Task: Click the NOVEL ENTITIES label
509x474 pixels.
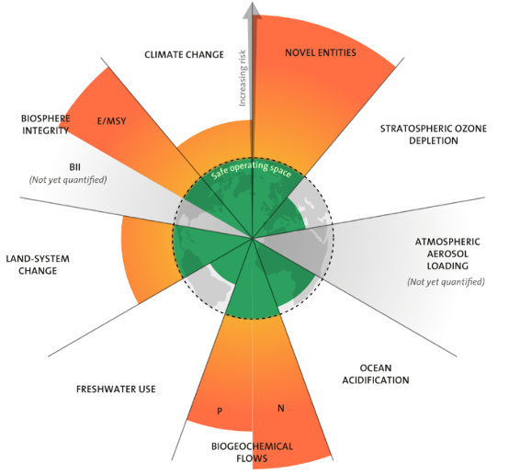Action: pyautogui.click(x=321, y=52)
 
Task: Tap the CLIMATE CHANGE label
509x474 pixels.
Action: pyautogui.click(x=184, y=54)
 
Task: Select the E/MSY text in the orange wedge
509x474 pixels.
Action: pyautogui.click(x=112, y=121)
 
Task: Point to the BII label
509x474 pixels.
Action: pyautogui.click(x=74, y=167)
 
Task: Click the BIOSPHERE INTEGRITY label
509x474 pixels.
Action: pyautogui.click(x=45, y=124)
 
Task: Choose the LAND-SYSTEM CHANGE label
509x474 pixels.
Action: pyautogui.click(x=38, y=265)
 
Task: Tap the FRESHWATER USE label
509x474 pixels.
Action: pyautogui.click(x=116, y=389)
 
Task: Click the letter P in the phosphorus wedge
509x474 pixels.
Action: pyautogui.click(x=220, y=411)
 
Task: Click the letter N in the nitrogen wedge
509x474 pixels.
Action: pyautogui.click(x=281, y=408)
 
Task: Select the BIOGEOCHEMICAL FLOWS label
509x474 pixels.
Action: pyautogui.click(x=253, y=452)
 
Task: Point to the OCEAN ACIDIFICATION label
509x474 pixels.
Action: pyautogui.click(x=376, y=374)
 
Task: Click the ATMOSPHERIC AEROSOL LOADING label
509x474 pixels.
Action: pyautogui.click(x=447, y=254)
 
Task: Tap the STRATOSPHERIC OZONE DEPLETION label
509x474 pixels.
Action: pyautogui.click(x=434, y=135)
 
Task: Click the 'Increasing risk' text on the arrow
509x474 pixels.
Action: pyautogui.click(x=243, y=78)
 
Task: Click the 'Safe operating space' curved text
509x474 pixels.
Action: pyautogui.click(x=251, y=169)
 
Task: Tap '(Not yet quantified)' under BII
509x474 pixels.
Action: pyautogui.click(x=68, y=180)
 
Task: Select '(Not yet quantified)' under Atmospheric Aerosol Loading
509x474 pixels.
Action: pyautogui.click(x=446, y=282)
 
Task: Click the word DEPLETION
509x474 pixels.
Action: pyautogui.click(x=434, y=141)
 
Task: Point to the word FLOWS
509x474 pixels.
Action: pyautogui.click(x=252, y=458)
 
